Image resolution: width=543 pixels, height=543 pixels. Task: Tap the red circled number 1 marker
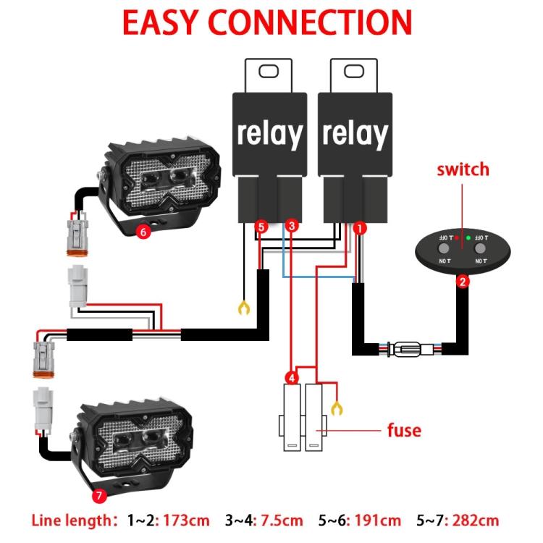click(x=359, y=228)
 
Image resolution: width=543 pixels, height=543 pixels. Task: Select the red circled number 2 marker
click(x=462, y=282)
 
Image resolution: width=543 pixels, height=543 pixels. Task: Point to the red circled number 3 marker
click(x=291, y=227)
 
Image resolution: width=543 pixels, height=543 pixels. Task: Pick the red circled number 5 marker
click(x=262, y=227)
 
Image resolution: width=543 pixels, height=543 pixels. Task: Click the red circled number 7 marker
click(x=100, y=496)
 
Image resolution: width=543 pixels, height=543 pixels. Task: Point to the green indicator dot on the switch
click(x=468, y=237)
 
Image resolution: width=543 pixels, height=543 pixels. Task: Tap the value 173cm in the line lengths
click(x=188, y=521)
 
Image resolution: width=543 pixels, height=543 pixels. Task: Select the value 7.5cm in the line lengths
click(x=281, y=521)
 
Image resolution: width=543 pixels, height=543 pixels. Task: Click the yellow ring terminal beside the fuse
click(x=336, y=408)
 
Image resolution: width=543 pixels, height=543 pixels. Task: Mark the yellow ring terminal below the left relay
click(x=244, y=309)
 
